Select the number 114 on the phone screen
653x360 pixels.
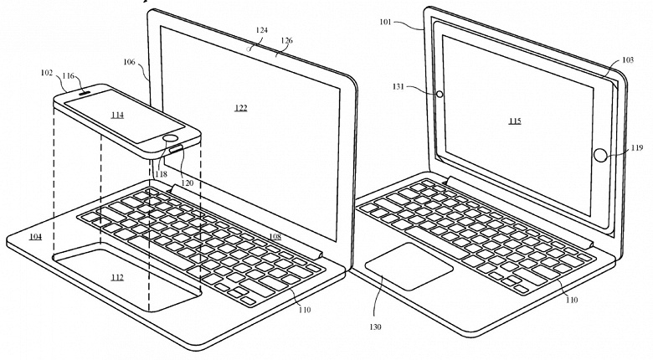(117, 115)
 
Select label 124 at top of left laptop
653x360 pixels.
(262, 31)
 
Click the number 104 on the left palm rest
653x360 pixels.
(35, 238)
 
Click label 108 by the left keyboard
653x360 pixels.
(275, 238)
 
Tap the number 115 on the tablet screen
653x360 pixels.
(514, 121)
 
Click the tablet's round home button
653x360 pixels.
(600, 155)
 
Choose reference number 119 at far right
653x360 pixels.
(638, 147)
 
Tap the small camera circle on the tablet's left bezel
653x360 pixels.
(440, 94)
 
